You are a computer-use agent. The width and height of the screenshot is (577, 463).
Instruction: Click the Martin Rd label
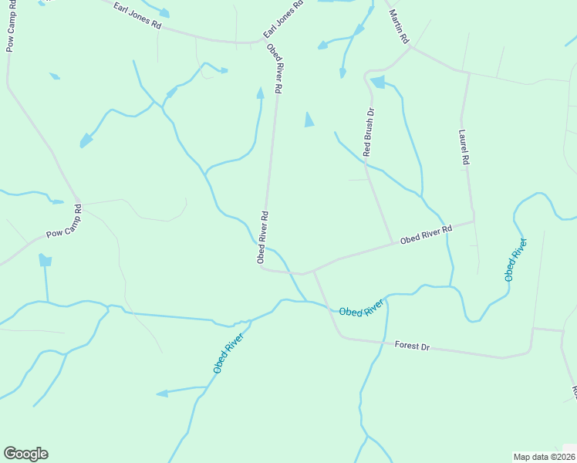(399, 27)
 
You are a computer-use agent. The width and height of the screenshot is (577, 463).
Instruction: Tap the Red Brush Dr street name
(369, 133)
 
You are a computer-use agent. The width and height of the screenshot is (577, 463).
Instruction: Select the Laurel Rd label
(464, 147)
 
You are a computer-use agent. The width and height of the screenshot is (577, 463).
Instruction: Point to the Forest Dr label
(411, 346)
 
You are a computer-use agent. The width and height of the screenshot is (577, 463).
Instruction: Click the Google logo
(25, 454)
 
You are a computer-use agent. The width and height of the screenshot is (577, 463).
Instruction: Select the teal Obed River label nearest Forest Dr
(361, 308)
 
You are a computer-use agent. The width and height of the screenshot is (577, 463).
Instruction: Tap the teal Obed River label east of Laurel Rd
(516, 260)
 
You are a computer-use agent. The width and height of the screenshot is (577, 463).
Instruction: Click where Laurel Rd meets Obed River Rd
(473, 221)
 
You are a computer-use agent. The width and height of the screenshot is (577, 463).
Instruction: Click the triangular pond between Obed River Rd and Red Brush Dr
(309, 120)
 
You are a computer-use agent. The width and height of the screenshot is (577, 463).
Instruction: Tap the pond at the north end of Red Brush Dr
(377, 82)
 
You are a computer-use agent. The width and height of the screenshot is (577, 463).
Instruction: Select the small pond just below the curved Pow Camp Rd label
(46, 260)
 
